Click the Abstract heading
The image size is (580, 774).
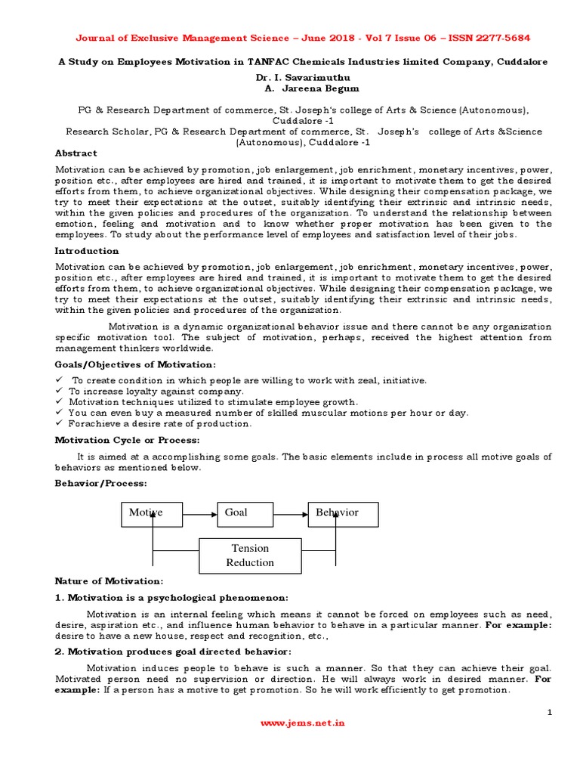[x=76, y=153]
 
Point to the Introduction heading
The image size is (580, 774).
[x=87, y=251]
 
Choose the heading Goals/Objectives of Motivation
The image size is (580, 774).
[x=135, y=365]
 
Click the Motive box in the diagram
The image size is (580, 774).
[x=152, y=513]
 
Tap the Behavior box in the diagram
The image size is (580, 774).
[x=343, y=513]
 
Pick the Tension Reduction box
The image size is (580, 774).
[x=250, y=556]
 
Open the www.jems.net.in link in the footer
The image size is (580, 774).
[x=302, y=723]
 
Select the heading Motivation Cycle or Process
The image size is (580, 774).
[x=127, y=440]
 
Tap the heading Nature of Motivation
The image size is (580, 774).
[x=109, y=581]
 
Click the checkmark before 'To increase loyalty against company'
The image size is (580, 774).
[x=60, y=392]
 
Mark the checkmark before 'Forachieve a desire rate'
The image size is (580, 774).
[x=60, y=423]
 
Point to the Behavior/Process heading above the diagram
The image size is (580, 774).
[x=101, y=482]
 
